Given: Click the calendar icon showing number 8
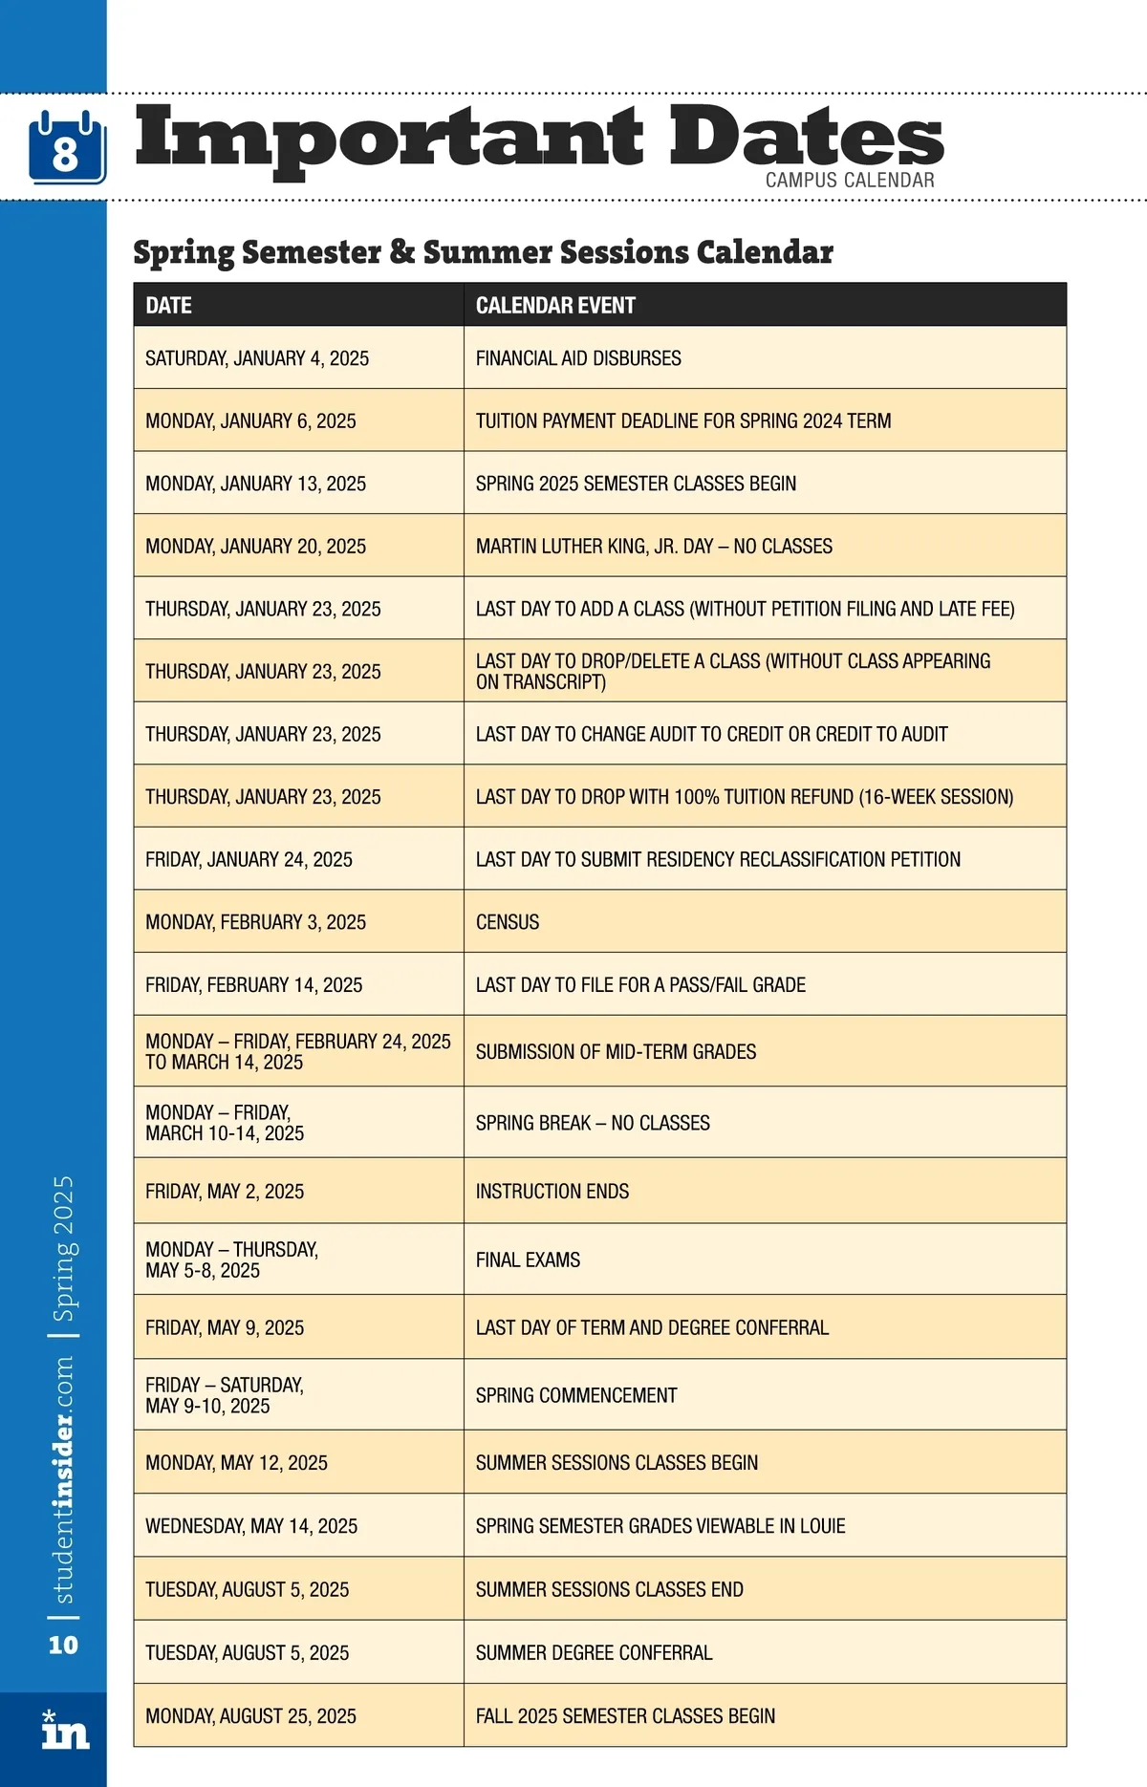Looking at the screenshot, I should pyautogui.click(x=66, y=148).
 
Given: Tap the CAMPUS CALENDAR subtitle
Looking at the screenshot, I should pyautogui.click(x=849, y=180).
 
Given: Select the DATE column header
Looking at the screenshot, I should pyautogui.click(x=169, y=306).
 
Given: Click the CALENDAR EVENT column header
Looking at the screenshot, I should pyautogui.click(x=555, y=306).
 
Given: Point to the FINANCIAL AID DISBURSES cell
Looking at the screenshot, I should pyautogui.click(x=578, y=358).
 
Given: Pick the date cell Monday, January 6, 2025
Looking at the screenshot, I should pyautogui.click(x=250, y=421).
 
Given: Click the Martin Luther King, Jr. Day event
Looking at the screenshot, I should pyautogui.click(x=654, y=547).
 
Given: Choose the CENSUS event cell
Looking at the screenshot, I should pyautogui.click(x=508, y=922).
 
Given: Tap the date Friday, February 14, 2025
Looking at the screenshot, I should pyautogui.click(x=253, y=985).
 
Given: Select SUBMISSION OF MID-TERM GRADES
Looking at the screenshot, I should pyautogui.click(x=616, y=1052).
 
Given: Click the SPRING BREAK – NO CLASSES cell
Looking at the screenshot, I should pyautogui.click(x=593, y=1123).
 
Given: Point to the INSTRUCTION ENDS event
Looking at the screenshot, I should pyautogui.click(x=552, y=1192).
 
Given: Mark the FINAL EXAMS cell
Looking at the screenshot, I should pyautogui.click(x=528, y=1260).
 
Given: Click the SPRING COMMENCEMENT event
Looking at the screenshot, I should pyautogui.click(x=576, y=1395).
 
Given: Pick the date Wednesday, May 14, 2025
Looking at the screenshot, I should pyautogui.click(x=251, y=1526).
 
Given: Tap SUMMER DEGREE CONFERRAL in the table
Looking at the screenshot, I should pyautogui.click(x=594, y=1653).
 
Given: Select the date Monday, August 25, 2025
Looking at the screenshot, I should pyautogui.click(x=250, y=1716).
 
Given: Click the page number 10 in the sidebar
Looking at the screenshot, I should pyautogui.click(x=63, y=1645).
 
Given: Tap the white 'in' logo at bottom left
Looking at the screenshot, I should pyautogui.click(x=65, y=1732).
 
